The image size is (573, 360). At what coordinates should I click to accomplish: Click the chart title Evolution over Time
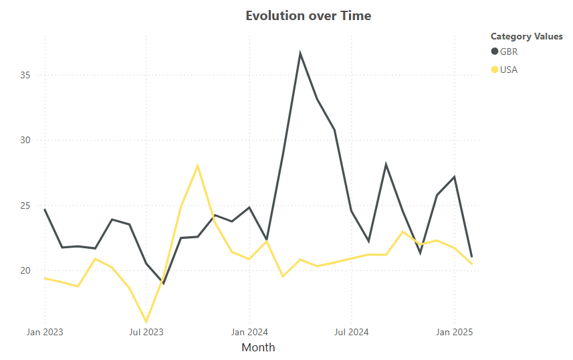(308, 15)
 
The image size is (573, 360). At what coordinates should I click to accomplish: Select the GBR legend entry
(508, 52)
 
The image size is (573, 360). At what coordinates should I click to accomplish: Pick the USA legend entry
(508, 70)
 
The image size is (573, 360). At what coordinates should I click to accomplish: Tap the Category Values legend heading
(526, 36)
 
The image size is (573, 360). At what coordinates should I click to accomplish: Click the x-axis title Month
(258, 347)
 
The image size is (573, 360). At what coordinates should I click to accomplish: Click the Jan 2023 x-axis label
(45, 331)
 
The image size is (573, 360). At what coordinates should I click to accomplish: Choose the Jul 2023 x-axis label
(146, 331)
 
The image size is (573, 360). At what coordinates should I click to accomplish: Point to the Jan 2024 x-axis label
(249, 331)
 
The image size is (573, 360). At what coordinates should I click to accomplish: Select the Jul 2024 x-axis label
(352, 331)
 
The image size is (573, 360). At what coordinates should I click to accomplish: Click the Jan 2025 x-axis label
(455, 331)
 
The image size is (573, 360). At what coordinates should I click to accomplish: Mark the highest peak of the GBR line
(300, 53)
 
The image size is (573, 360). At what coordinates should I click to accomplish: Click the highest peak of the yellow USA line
(198, 165)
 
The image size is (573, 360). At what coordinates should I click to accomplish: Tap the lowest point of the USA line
(146, 322)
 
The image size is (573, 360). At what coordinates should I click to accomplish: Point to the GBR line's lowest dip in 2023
(163, 284)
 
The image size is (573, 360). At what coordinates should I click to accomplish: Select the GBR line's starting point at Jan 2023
(45, 209)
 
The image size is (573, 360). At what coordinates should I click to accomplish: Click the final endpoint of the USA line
(472, 264)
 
